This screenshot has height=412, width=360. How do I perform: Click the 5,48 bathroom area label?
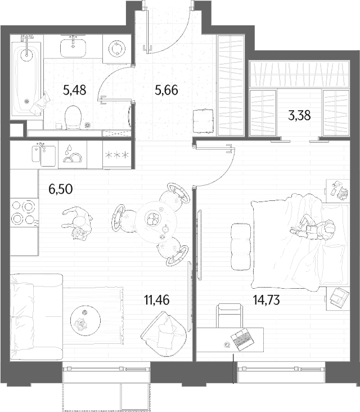pyautogui.click(x=75, y=90)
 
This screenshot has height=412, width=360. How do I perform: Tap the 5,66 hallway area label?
pyautogui.click(x=166, y=90)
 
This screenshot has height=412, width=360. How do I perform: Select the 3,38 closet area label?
pyautogui.click(x=299, y=115)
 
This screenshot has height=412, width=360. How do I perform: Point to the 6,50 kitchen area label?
pyautogui.click(x=61, y=189)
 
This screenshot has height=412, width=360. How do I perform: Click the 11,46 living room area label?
pyautogui.click(x=157, y=300)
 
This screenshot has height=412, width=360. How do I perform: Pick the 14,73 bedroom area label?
pyautogui.click(x=266, y=300)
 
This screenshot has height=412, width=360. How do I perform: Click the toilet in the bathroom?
pyautogui.click(x=73, y=117)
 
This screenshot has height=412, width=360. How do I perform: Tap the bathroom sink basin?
pyautogui.click(x=73, y=48)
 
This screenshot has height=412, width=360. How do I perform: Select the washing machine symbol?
pyautogui.click(x=116, y=48)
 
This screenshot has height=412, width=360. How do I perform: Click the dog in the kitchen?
pyautogui.click(x=78, y=223)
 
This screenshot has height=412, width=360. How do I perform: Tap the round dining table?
pyautogui.click(x=156, y=222)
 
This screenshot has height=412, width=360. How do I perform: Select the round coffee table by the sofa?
pyautogui.click(x=85, y=320)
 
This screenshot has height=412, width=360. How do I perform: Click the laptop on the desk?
pyautogui.click(x=242, y=339)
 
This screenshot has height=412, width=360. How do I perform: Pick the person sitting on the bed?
pyautogui.click(x=313, y=227)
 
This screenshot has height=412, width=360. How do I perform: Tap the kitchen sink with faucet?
pyautogui.click(x=43, y=155)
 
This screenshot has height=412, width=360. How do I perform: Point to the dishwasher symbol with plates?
pyautogui.click(x=72, y=154)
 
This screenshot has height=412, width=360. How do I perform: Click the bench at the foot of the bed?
pyautogui.click(x=241, y=247)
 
